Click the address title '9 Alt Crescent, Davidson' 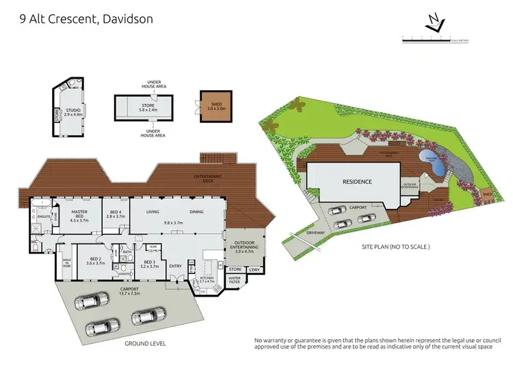pos(81,18)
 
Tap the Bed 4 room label pos(116,214)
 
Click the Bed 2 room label pos(96,260)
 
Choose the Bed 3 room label pos(149,264)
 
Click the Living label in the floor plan pos(153,212)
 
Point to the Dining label pos(196,212)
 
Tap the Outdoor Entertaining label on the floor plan pos(244,247)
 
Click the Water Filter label pos(235,280)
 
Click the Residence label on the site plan pos(357,182)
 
